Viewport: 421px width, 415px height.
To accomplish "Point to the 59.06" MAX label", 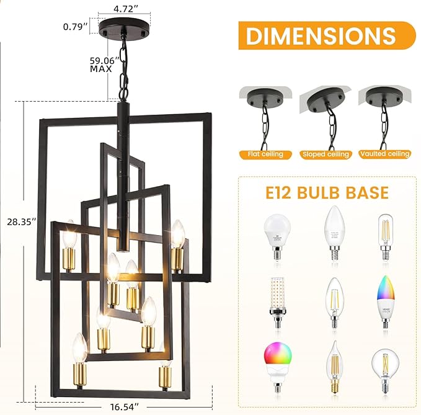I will pyautogui.click(x=100, y=65).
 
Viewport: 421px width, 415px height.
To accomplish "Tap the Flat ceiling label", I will pyautogui.click(x=264, y=154).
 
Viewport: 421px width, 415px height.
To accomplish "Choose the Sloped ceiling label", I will pyautogui.click(x=324, y=154).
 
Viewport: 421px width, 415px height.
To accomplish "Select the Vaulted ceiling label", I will pyautogui.click(x=384, y=154).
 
